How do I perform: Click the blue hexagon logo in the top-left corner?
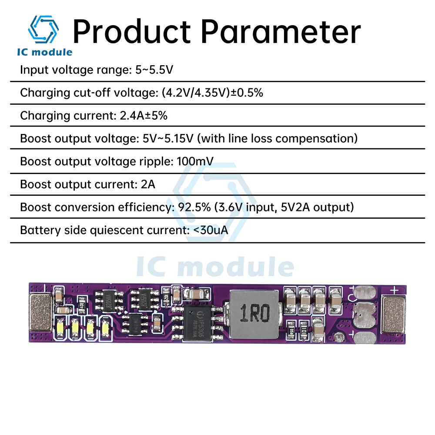43,30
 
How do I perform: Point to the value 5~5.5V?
155,70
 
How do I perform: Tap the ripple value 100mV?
195,161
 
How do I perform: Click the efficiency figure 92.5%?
194,207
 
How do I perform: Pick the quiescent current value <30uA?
210,230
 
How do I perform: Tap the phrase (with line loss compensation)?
278,138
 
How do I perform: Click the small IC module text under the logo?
45,53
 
